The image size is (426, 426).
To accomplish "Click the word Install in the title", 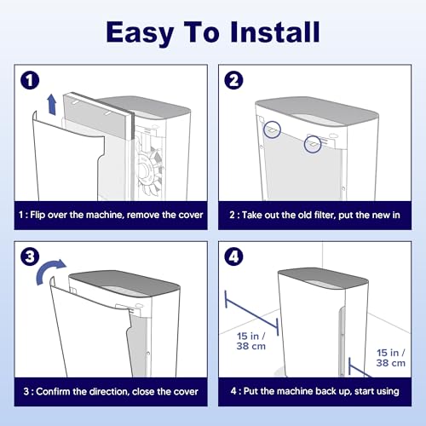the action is point(275,32).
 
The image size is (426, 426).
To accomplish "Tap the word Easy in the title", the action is point(140,34).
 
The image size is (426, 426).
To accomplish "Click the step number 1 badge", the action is point(30,80).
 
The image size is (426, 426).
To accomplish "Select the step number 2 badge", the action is point(233,80).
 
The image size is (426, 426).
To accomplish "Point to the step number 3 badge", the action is point(30,256).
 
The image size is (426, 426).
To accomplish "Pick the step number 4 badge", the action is point(233,256).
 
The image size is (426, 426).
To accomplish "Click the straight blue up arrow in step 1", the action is point(52,105).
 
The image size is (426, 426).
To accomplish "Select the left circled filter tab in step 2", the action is point(272,130).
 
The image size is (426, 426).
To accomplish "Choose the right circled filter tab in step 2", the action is point(313,144).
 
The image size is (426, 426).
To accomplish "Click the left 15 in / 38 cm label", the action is point(251,341).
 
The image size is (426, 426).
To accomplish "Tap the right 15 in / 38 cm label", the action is point(391,358).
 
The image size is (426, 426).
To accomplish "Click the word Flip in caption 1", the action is point(37,215).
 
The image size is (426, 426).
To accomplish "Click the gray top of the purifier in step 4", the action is point(323,279).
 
